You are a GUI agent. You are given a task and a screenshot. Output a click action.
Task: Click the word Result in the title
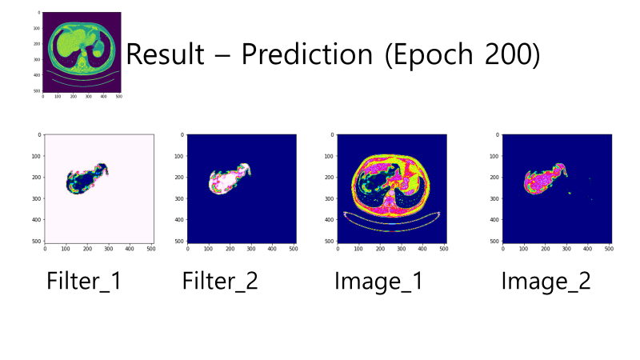coord(166,54)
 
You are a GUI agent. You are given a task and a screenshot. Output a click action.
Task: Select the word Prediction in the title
coord(307,54)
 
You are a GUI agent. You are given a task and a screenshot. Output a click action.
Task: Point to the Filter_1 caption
coord(84,281)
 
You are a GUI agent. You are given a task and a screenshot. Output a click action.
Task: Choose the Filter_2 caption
coord(220,281)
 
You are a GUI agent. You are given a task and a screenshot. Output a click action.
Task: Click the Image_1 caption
coord(378,282)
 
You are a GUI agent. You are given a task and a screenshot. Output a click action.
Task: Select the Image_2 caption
coord(546,282)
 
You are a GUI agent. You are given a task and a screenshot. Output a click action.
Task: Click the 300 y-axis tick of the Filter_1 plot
coord(36,198)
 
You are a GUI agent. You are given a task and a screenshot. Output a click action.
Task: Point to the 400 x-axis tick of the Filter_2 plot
coord(272,249)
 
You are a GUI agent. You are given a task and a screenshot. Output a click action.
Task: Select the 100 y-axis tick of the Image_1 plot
coord(329,156)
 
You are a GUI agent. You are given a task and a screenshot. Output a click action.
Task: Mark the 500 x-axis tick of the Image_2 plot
coord(609,249)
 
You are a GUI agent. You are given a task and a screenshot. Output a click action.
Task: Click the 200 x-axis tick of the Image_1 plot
coord(380,249)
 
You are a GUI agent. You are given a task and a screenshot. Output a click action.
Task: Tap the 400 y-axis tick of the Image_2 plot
coord(494,219)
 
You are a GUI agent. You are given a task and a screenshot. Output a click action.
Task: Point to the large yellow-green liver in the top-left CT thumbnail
coord(73,43)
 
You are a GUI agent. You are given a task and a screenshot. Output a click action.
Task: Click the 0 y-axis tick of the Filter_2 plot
coord(182,134)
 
